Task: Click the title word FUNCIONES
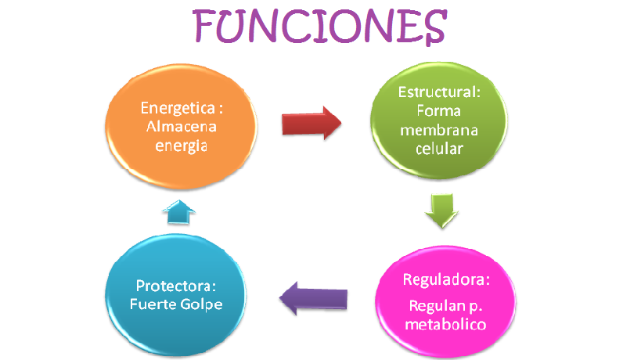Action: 319,28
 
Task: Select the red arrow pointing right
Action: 311,124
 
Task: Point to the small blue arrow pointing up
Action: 180,208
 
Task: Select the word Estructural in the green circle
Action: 439,92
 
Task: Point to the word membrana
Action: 439,129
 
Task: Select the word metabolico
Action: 447,323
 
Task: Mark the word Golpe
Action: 203,304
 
